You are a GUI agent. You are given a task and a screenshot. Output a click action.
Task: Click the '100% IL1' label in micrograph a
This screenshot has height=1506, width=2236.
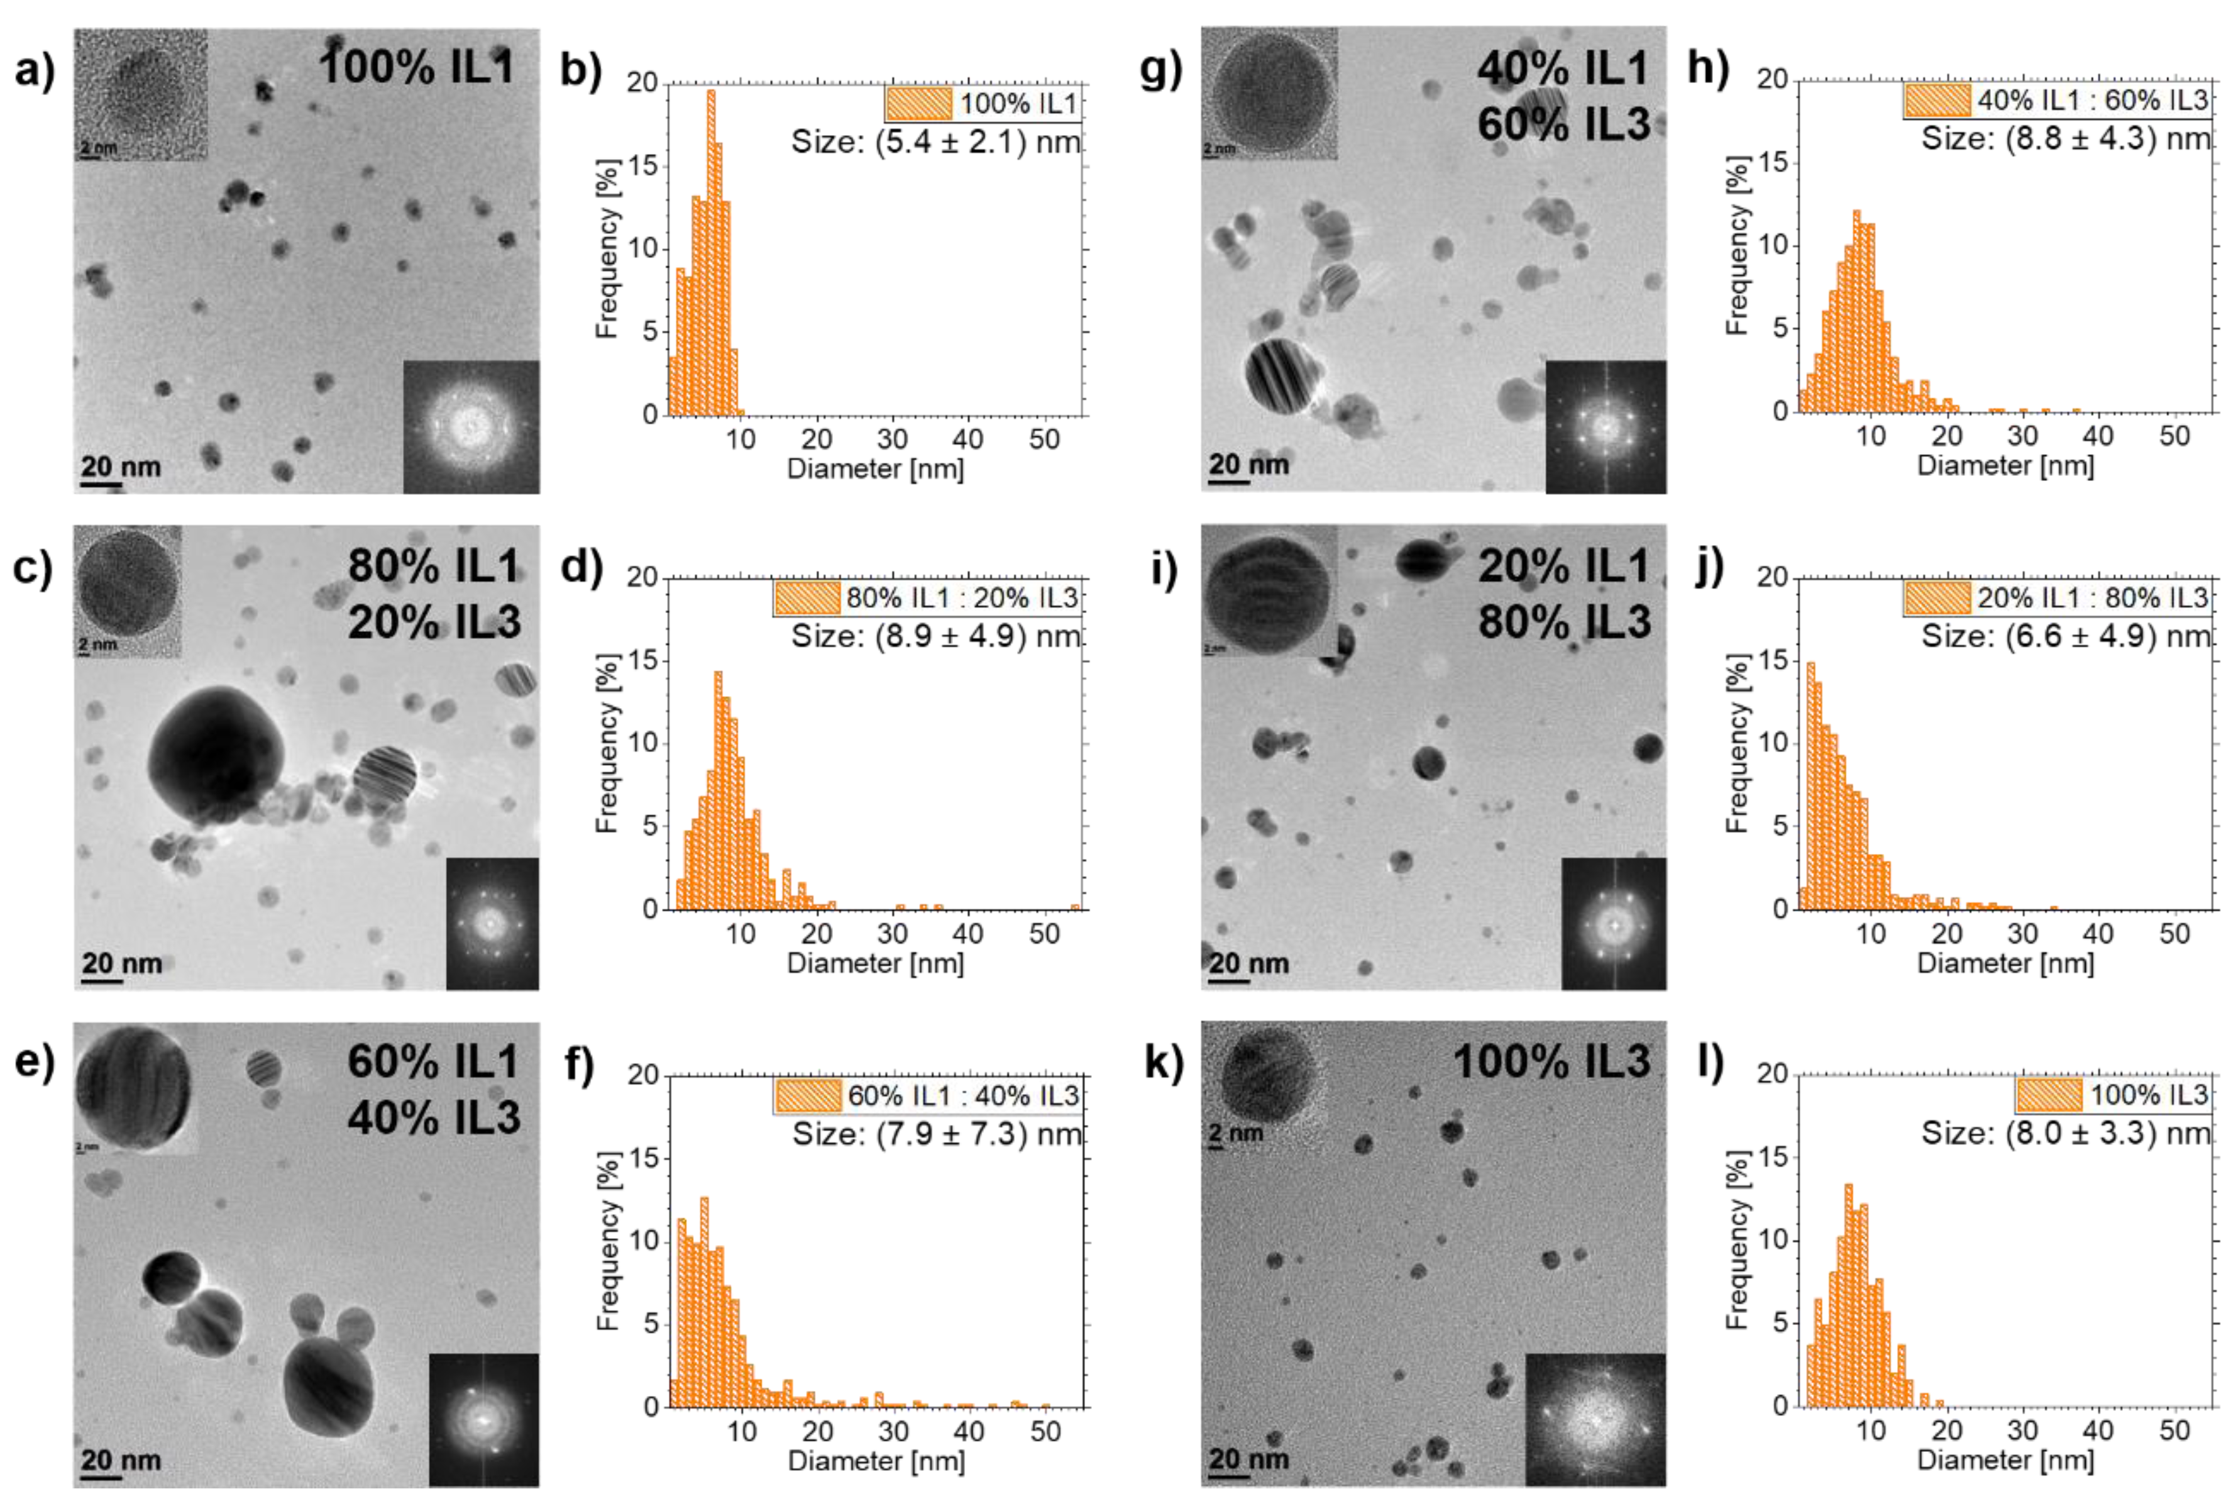[x=417, y=67]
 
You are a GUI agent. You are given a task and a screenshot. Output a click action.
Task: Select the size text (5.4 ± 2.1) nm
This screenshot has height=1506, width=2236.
[x=935, y=142]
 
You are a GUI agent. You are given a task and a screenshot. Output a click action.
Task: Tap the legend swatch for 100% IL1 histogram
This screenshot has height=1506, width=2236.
[x=919, y=102]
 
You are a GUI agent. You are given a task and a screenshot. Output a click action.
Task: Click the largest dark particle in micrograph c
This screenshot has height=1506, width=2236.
[x=216, y=754]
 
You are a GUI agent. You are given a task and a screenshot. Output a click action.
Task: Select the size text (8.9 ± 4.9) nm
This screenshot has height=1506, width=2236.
[x=935, y=636]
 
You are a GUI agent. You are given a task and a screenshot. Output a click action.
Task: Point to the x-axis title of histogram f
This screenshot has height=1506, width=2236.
[x=876, y=1461]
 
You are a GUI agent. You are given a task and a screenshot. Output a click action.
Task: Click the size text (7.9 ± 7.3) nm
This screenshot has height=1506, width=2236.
[x=936, y=1134]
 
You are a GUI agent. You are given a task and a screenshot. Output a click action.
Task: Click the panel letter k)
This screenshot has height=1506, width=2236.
[x=1164, y=1063]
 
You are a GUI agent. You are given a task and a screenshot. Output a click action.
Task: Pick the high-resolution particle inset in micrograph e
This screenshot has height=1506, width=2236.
[x=135, y=1088]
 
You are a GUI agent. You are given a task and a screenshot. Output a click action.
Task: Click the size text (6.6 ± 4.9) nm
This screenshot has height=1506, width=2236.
[x=2065, y=636]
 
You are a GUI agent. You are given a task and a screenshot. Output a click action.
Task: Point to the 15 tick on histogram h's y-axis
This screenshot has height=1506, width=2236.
[x=1775, y=162]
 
